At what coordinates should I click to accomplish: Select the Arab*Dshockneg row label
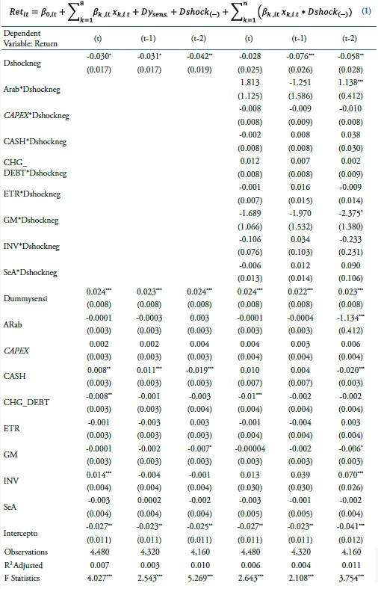pyautogui.click(x=32, y=89)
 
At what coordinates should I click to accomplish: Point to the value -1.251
pyautogui.click(x=299, y=82)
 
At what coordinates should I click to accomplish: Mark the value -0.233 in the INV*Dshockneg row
pyautogui.click(x=347, y=238)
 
